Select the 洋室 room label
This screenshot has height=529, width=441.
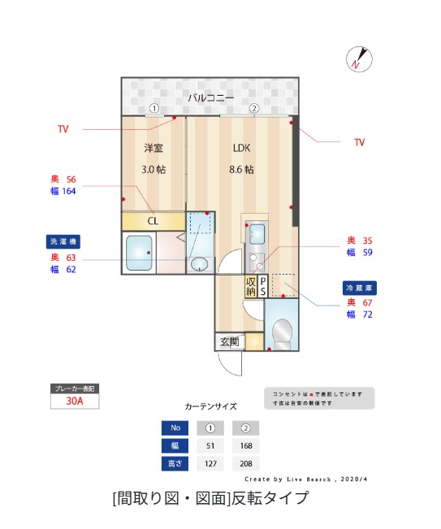pyautogui.click(x=154, y=148)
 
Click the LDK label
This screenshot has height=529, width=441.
pyautogui.click(x=241, y=148)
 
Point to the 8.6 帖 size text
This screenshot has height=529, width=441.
pyautogui.click(x=241, y=170)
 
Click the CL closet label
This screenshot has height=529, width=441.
pyautogui.click(x=153, y=220)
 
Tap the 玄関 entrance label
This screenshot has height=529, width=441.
pyautogui.click(x=229, y=342)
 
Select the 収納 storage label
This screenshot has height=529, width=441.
pyautogui.click(x=251, y=286)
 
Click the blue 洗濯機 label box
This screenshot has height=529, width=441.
pyautogui.click(x=63, y=241)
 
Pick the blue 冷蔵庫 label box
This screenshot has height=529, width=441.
pyautogui.click(x=359, y=288)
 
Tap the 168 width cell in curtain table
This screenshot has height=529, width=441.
pyautogui.click(x=245, y=445)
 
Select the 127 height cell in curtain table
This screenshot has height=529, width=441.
pyautogui.click(x=210, y=464)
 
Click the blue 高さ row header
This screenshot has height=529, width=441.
pyautogui.click(x=174, y=464)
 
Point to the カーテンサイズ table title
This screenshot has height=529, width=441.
pyautogui.click(x=210, y=405)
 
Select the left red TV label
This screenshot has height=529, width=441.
pyautogui.click(x=63, y=129)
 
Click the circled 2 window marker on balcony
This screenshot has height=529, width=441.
pyautogui.click(x=253, y=108)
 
